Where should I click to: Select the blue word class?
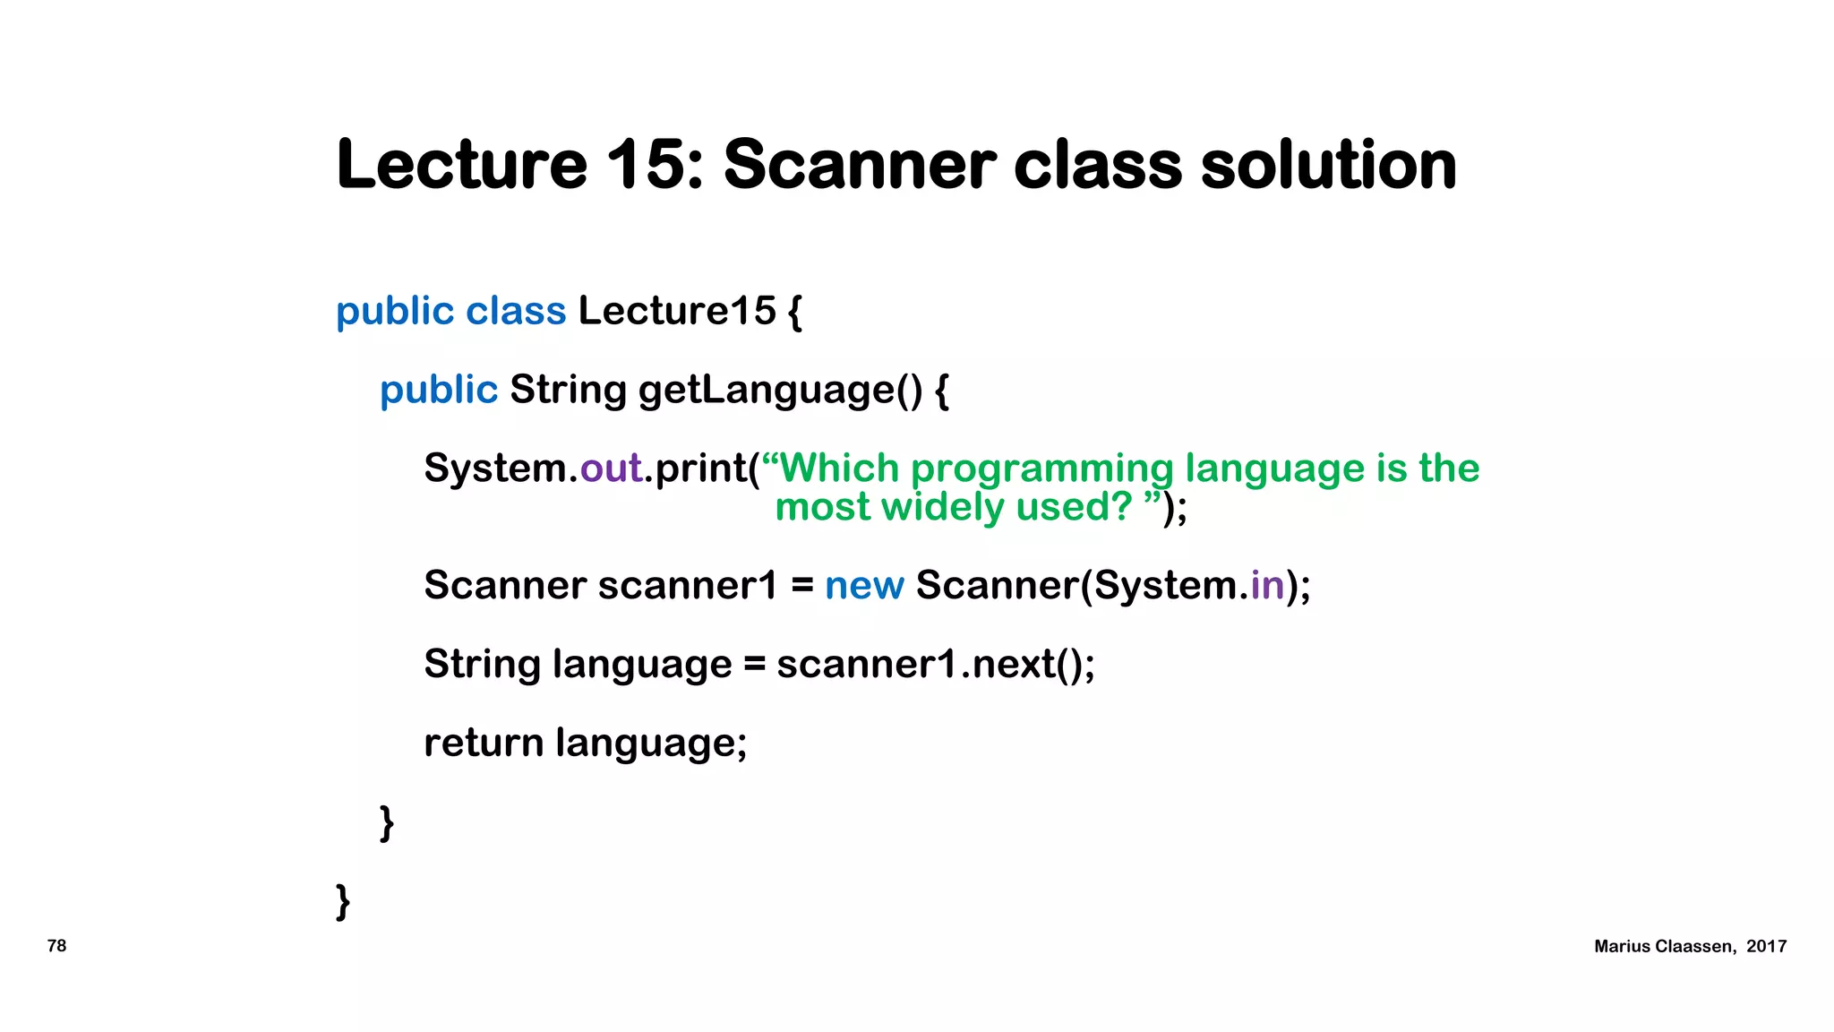pos(516,311)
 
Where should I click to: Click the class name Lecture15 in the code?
pos(677,311)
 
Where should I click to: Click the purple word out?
pos(611,469)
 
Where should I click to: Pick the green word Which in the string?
pos(840,469)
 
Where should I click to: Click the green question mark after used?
pos(1122,506)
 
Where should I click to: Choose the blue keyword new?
pos(864,586)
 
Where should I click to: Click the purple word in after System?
pos(1267,586)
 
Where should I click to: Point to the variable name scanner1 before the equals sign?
pos(688,586)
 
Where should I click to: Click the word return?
pos(484,743)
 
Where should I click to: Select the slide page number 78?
pos(56,946)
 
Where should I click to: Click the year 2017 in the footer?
pos(1766,947)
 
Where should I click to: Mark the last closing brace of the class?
pos(343,901)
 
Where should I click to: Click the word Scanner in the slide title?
pos(859,165)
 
